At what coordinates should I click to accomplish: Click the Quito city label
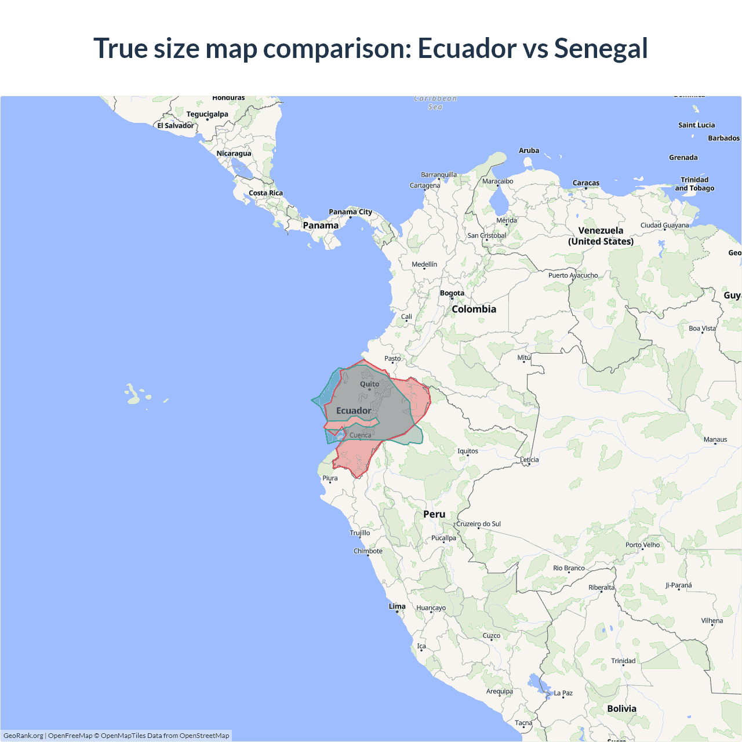pyautogui.click(x=369, y=384)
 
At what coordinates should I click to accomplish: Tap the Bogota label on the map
pyautogui.click(x=452, y=293)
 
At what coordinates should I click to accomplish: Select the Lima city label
pyautogui.click(x=397, y=606)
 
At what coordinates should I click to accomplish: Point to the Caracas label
pyautogui.click(x=586, y=183)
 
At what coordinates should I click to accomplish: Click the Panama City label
pyautogui.click(x=350, y=212)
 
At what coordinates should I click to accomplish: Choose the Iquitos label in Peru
pyautogui.click(x=468, y=451)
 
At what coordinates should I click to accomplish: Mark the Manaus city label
pyautogui.click(x=715, y=439)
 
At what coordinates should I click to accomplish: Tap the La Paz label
pyautogui.click(x=563, y=693)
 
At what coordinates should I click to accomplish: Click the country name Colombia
pyautogui.click(x=474, y=310)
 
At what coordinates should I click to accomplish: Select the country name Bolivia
pyautogui.click(x=621, y=709)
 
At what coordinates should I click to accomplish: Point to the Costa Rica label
pyautogui.click(x=266, y=193)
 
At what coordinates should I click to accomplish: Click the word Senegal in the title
pyautogui.click(x=601, y=48)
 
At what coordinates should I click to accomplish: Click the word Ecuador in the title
pyautogui.click(x=467, y=48)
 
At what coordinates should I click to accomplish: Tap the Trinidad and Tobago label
pyautogui.click(x=694, y=184)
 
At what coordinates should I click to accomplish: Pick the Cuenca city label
pyautogui.click(x=360, y=435)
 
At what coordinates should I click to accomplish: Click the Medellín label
pyautogui.click(x=424, y=264)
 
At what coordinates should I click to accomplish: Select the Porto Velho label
pyautogui.click(x=642, y=545)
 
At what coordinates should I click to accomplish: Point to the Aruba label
pyautogui.click(x=529, y=151)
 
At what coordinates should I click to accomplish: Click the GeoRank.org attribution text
pyautogui.click(x=23, y=736)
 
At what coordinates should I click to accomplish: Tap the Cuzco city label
pyautogui.click(x=492, y=636)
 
